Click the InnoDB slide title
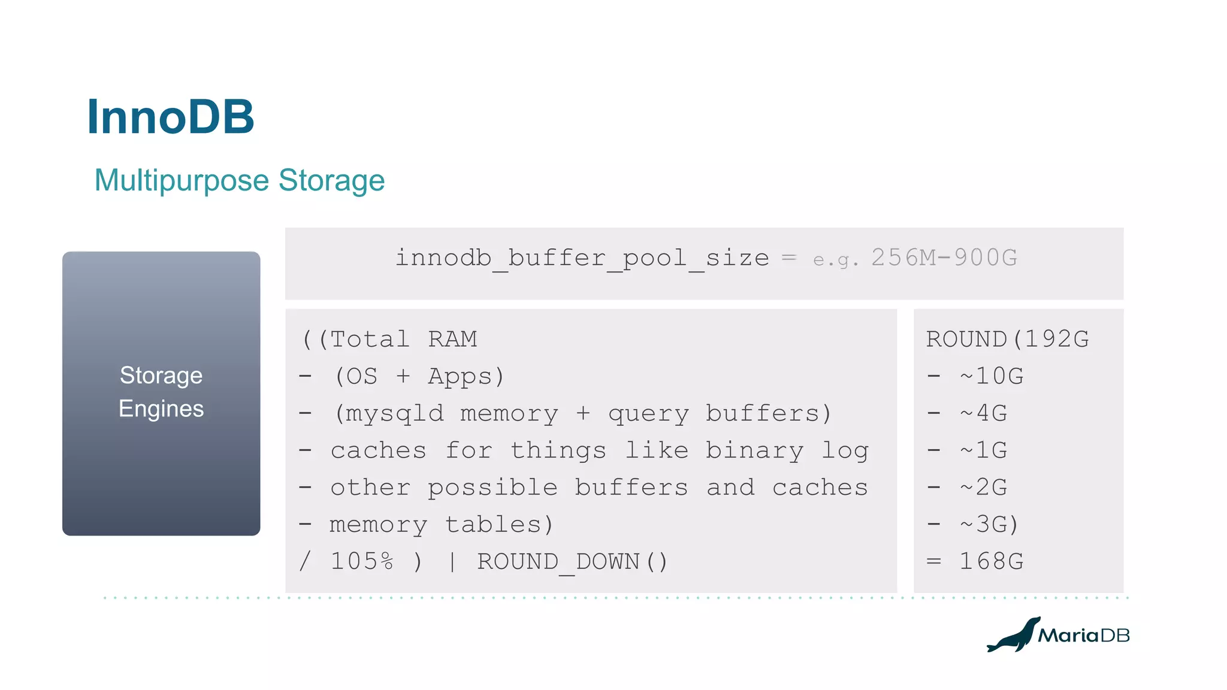(x=171, y=117)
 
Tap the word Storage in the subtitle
(x=331, y=180)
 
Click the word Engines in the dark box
(x=161, y=408)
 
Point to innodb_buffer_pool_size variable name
(x=582, y=258)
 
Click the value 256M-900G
(x=944, y=258)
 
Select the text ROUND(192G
(x=1007, y=340)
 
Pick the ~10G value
(x=992, y=377)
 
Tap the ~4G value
(x=983, y=414)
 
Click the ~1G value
(x=983, y=451)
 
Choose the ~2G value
(x=983, y=488)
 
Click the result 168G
(x=992, y=562)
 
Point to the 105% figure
(x=362, y=562)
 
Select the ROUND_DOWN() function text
(x=572, y=562)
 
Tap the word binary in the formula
(x=754, y=451)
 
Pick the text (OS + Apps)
(x=419, y=377)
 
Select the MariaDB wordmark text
(x=1084, y=635)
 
